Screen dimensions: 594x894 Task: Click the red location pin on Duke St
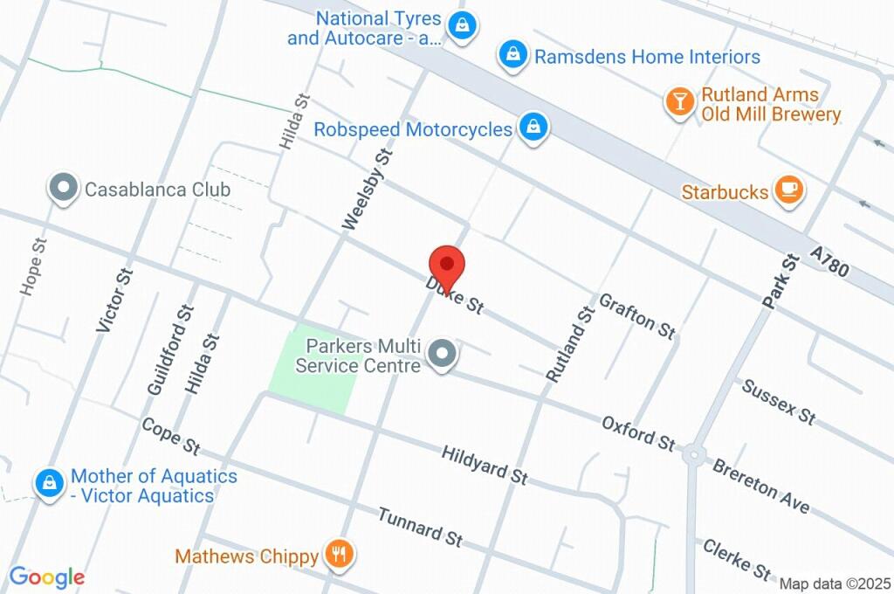(x=447, y=264)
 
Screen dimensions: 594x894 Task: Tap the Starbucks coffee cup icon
(x=789, y=190)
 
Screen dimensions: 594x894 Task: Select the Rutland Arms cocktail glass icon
(x=678, y=102)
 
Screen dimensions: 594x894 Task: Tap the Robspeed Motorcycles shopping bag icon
(x=532, y=128)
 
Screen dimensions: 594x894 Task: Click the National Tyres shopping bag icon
(x=462, y=25)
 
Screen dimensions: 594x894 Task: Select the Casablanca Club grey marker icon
(x=63, y=188)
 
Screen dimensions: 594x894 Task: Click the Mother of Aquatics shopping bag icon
(x=50, y=483)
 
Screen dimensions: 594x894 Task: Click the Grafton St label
(x=637, y=315)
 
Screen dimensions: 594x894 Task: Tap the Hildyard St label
(x=485, y=464)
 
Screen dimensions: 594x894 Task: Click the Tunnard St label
(x=420, y=527)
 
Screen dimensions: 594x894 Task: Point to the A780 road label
(x=829, y=261)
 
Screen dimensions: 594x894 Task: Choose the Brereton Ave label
(x=760, y=486)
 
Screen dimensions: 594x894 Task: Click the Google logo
(x=47, y=577)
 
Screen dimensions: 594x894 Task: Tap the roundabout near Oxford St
(x=694, y=454)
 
